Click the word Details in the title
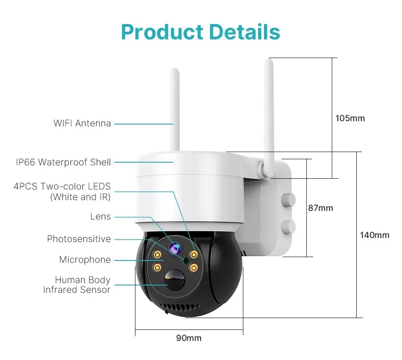(245, 32)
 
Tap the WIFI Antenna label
(82, 123)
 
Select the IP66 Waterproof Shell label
(63, 162)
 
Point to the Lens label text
(101, 216)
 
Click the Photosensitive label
(79, 239)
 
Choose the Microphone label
(85, 260)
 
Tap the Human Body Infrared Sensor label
(77, 285)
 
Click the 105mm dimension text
(350, 118)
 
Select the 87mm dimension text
(320, 208)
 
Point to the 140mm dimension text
(374, 235)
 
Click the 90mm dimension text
(189, 338)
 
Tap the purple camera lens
(175, 248)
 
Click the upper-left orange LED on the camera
(157, 255)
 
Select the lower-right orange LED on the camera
(193, 268)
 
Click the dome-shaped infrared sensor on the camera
(175, 280)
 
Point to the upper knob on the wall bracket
(288, 199)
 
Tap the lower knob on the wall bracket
(288, 227)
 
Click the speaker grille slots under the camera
(180, 308)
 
